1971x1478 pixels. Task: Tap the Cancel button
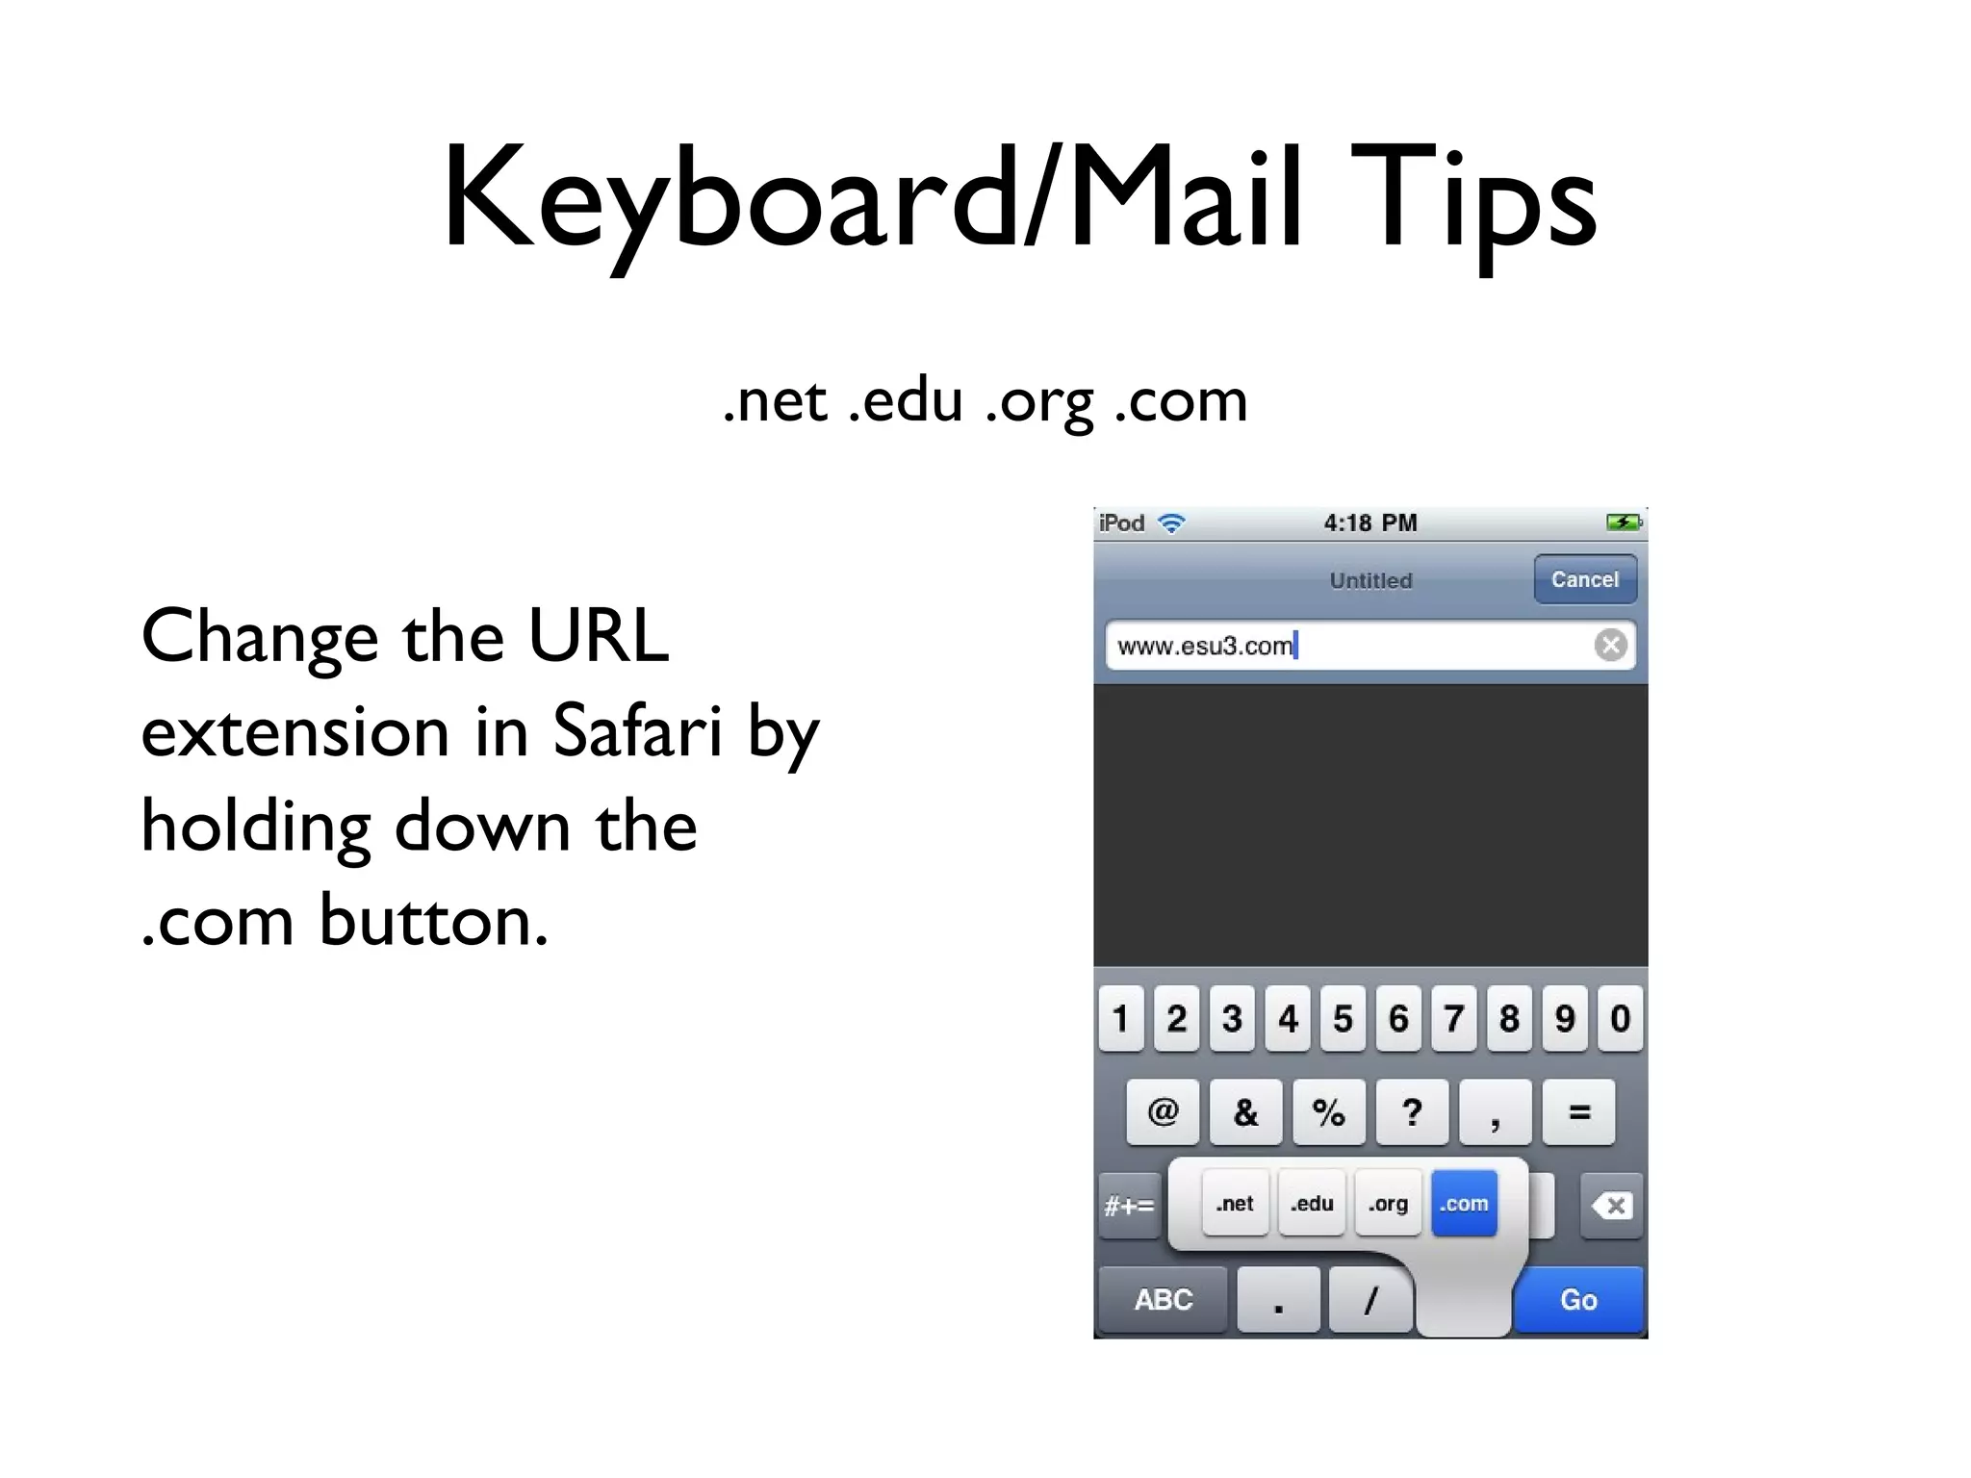pos(1584,579)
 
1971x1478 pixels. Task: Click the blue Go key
pos(1578,1300)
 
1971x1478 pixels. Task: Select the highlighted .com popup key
pos(1464,1204)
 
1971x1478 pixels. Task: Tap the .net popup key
pos(1235,1204)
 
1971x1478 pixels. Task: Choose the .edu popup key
pos(1312,1204)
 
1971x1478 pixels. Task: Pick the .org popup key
pos(1388,1204)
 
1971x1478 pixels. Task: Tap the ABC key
pos(1163,1300)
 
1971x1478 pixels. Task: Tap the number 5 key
pos(1343,1018)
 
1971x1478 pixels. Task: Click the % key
pos(1328,1112)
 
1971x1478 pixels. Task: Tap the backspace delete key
pos(1612,1206)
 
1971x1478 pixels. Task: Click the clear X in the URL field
pos(1610,645)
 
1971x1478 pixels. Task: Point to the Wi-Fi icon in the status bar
pos(1171,523)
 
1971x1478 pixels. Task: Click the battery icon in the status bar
pos(1624,522)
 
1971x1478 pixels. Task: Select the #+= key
pos(1129,1206)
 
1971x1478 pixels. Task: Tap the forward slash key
pos(1370,1300)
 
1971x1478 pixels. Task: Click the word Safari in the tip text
pos(637,731)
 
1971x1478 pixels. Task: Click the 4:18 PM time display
pos(1369,523)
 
